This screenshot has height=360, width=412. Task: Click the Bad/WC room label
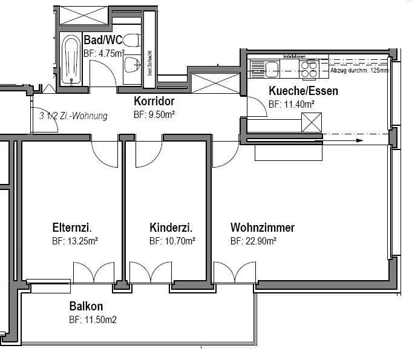pos(102,41)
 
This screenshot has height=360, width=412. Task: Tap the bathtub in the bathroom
pos(71,59)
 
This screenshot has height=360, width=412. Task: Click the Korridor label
pos(154,102)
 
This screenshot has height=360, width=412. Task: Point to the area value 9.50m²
pos(154,114)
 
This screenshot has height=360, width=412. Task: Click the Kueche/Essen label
pos(302,91)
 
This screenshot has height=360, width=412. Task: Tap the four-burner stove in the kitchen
pos(309,70)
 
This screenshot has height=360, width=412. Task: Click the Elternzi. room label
pos(72,228)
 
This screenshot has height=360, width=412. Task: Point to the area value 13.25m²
pos(75,241)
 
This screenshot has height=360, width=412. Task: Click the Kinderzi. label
pos(171,228)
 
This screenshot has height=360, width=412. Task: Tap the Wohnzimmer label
pos(262,228)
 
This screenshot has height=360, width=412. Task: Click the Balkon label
pos(86,306)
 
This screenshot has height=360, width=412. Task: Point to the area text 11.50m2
pos(93,319)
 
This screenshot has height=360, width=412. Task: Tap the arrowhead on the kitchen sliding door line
pos(359,140)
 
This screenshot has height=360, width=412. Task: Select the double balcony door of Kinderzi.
pos(151,273)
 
